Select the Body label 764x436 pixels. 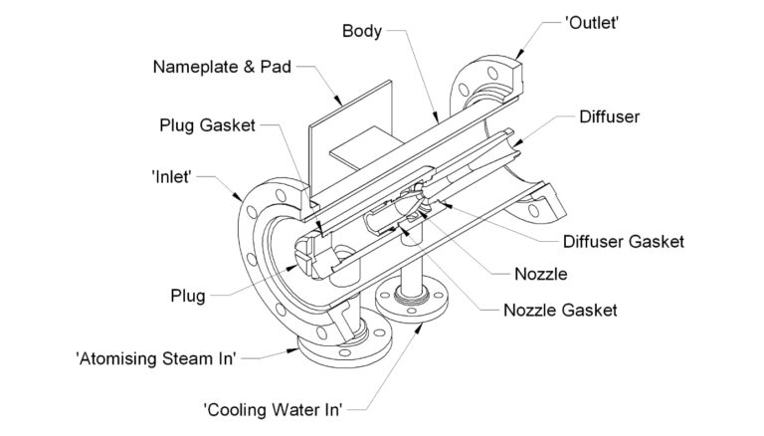[362, 30]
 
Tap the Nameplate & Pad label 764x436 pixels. [224, 68]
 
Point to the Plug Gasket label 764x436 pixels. [207, 126]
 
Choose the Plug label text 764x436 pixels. [187, 296]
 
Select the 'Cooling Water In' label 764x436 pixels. [273, 408]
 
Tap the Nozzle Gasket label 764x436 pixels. [560, 310]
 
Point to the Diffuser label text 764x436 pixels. [609, 116]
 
